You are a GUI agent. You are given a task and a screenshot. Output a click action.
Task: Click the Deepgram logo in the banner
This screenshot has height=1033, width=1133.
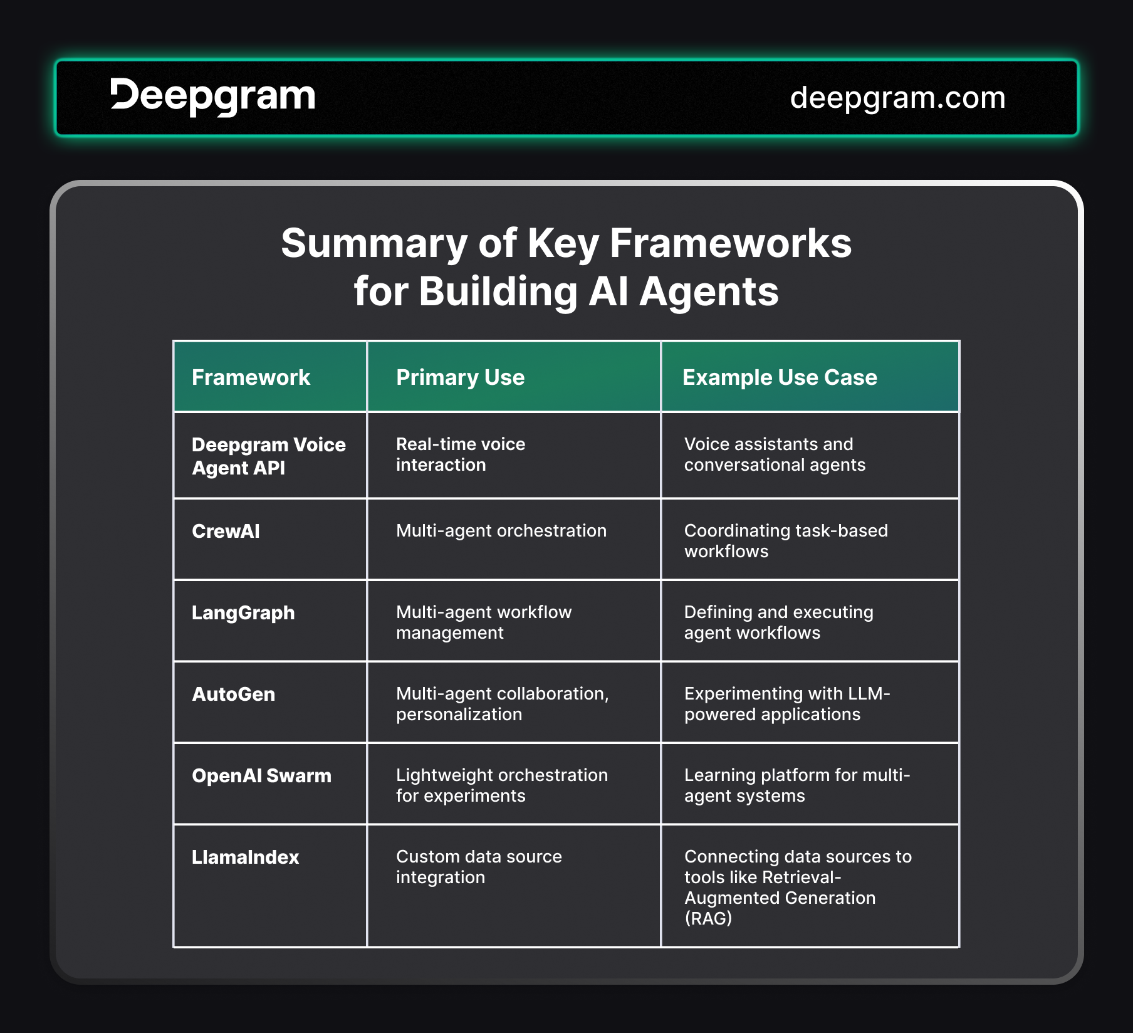(213, 97)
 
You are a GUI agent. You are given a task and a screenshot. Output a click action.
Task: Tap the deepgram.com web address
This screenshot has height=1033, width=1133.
(897, 98)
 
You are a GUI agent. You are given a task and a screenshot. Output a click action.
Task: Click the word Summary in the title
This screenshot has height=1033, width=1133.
(374, 244)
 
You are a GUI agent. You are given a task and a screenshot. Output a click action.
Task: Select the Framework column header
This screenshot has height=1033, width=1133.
(251, 377)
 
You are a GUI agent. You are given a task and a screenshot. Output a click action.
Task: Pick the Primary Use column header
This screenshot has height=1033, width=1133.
(460, 377)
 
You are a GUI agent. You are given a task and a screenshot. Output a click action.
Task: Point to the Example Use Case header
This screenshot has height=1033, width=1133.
(780, 377)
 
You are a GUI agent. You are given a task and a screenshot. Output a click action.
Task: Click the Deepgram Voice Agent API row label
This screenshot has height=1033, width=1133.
(269, 456)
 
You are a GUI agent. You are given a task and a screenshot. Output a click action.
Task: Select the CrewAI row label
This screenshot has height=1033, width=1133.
(226, 531)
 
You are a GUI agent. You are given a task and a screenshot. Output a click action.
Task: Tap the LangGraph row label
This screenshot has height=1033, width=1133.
(243, 612)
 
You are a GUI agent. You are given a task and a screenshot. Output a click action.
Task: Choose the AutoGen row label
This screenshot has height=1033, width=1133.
(233, 694)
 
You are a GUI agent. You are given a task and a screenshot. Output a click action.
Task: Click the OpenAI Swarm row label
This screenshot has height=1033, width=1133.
(261, 775)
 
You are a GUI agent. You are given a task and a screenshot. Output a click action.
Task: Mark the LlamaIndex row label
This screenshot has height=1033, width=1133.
(245, 857)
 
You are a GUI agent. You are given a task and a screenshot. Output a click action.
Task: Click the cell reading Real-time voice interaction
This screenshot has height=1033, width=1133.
(461, 454)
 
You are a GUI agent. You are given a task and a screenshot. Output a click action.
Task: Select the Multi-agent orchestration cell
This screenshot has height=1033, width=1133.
(501, 531)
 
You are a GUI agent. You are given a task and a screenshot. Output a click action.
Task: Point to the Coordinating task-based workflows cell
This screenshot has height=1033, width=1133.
(786, 540)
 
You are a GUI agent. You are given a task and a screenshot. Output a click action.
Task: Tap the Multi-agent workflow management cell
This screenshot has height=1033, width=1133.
(484, 622)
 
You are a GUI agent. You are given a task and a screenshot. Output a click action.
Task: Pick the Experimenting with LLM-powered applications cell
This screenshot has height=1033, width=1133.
(787, 703)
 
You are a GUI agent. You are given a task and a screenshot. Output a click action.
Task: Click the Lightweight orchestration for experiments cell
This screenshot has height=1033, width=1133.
(502, 785)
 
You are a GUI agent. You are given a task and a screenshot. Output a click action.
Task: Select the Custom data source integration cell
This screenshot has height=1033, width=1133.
(479, 866)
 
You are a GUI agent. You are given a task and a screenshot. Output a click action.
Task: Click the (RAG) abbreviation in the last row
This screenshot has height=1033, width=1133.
(708, 918)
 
